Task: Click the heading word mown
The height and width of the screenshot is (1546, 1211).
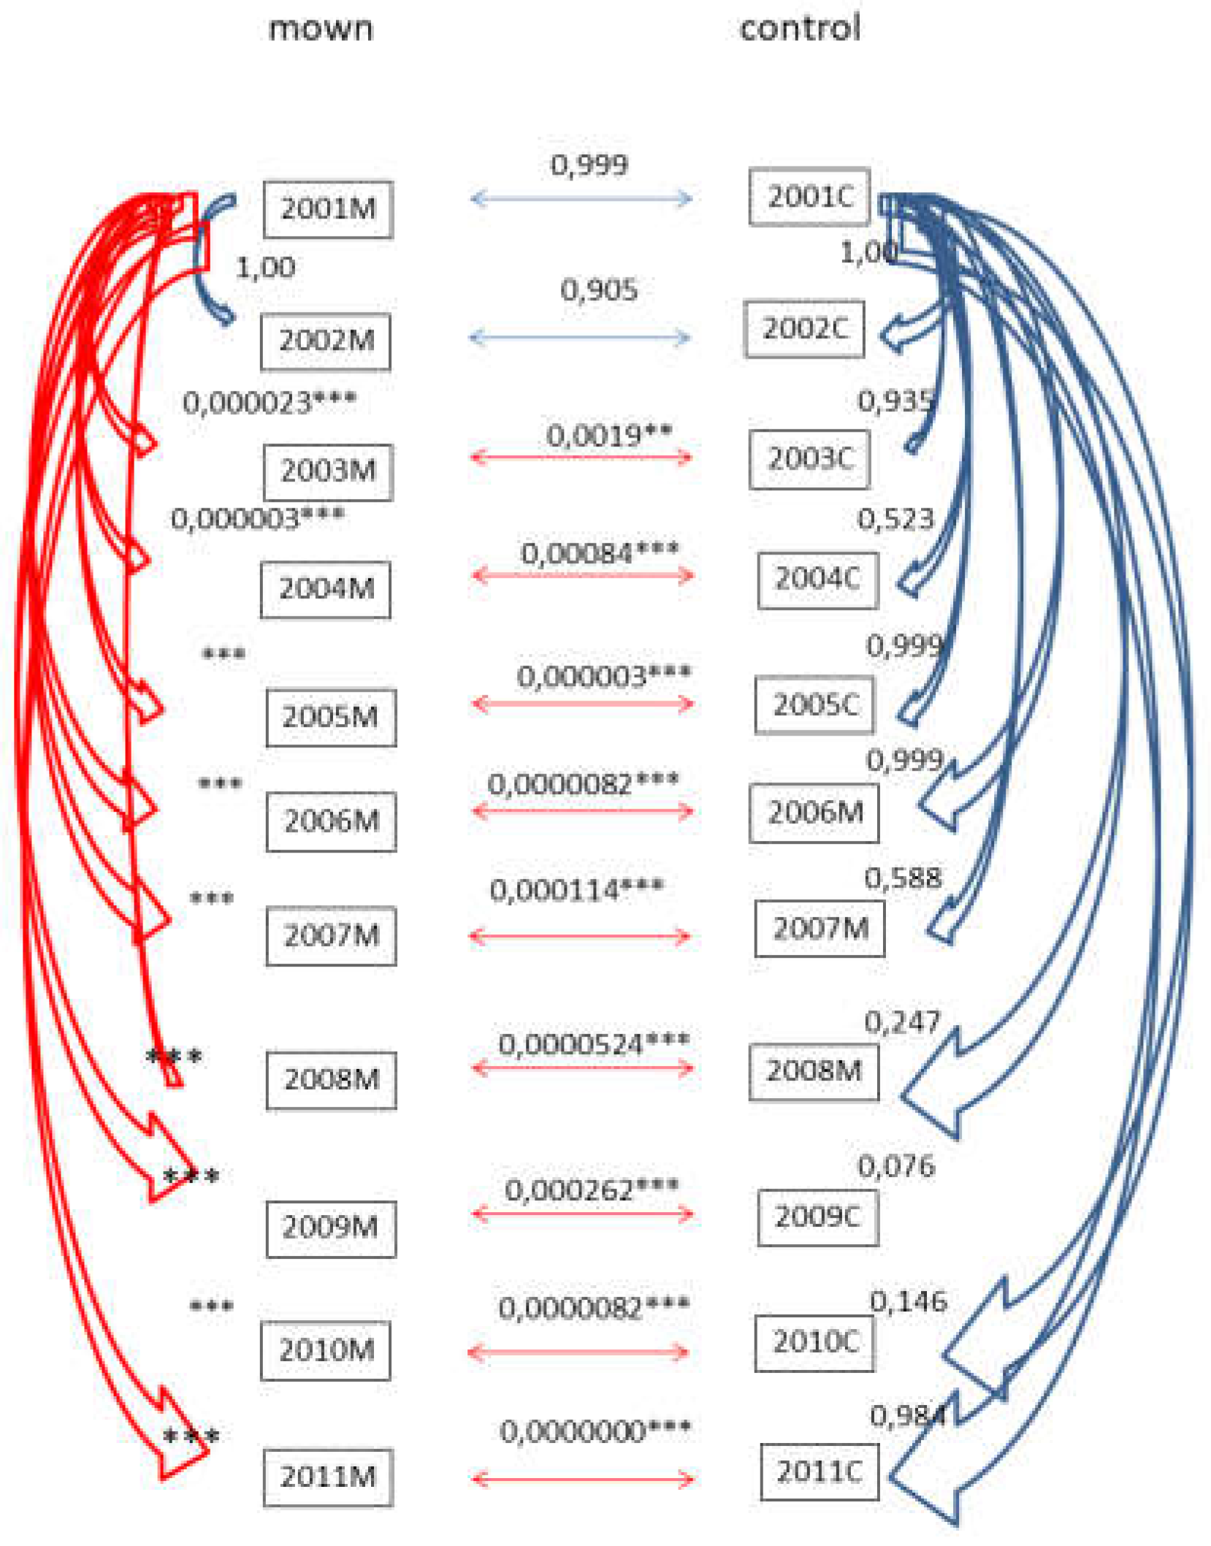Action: tap(321, 29)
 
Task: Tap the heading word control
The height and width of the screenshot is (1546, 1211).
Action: tap(800, 28)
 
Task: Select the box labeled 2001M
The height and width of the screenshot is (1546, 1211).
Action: tap(328, 209)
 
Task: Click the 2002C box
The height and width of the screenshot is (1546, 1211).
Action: tap(804, 329)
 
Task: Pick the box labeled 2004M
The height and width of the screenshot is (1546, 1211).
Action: tap(326, 589)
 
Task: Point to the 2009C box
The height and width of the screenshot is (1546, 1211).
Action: tap(817, 1216)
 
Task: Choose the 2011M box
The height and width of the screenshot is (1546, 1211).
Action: tap(328, 1477)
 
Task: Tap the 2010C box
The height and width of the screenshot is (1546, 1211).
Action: tap(814, 1342)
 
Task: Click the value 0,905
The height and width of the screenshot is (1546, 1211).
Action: tap(599, 290)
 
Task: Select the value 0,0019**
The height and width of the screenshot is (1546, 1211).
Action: tap(609, 435)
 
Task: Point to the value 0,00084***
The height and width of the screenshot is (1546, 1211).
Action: tap(600, 553)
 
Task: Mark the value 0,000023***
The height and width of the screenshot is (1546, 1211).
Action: tap(270, 402)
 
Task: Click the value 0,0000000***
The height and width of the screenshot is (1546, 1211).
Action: tap(595, 1431)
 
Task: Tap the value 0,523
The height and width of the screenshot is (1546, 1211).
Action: tap(895, 519)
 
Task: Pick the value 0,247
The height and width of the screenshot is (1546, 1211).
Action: tap(902, 1021)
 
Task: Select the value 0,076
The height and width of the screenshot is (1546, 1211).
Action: tap(896, 1165)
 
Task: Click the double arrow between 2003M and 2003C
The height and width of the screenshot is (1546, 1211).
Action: tap(581, 458)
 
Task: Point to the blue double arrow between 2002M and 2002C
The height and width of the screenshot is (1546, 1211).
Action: tap(580, 338)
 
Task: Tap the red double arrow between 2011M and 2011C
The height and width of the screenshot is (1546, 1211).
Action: tap(582, 1480)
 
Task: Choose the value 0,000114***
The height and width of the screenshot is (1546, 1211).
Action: tap(577, 890)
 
